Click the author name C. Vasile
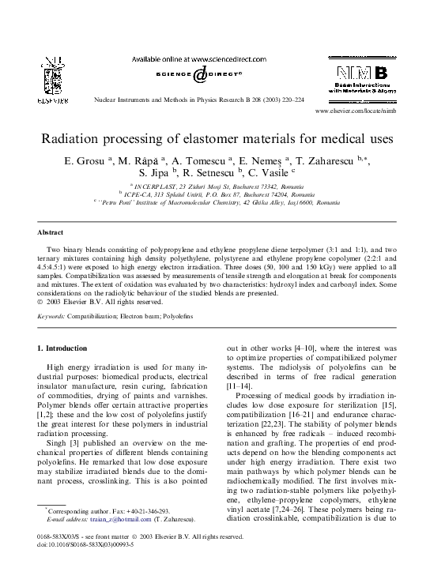click(x=269, y=172)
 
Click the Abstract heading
click(x=51, y=233)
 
